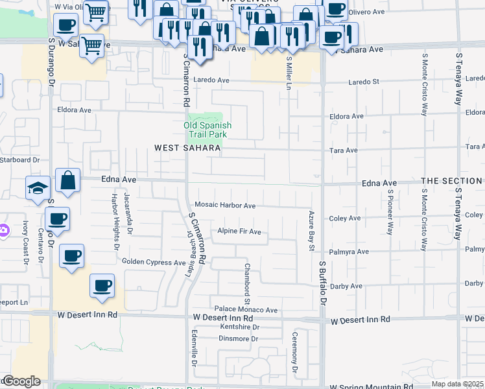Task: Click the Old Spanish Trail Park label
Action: [207, 130]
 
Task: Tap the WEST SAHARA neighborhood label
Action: [188, 148]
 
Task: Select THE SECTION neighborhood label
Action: [451, 181]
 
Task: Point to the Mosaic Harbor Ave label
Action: [225, 206]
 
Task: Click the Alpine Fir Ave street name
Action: [239, 231]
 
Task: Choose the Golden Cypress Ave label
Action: [154, 262]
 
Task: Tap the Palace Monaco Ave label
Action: [246, 310]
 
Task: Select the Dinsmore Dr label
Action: [239, 338]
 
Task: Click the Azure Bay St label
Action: [311, 230]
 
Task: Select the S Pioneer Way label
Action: [390, 211]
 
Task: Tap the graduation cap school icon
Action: [38, 189]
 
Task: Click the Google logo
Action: [21, 382]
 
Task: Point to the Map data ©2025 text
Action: [458, 384]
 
